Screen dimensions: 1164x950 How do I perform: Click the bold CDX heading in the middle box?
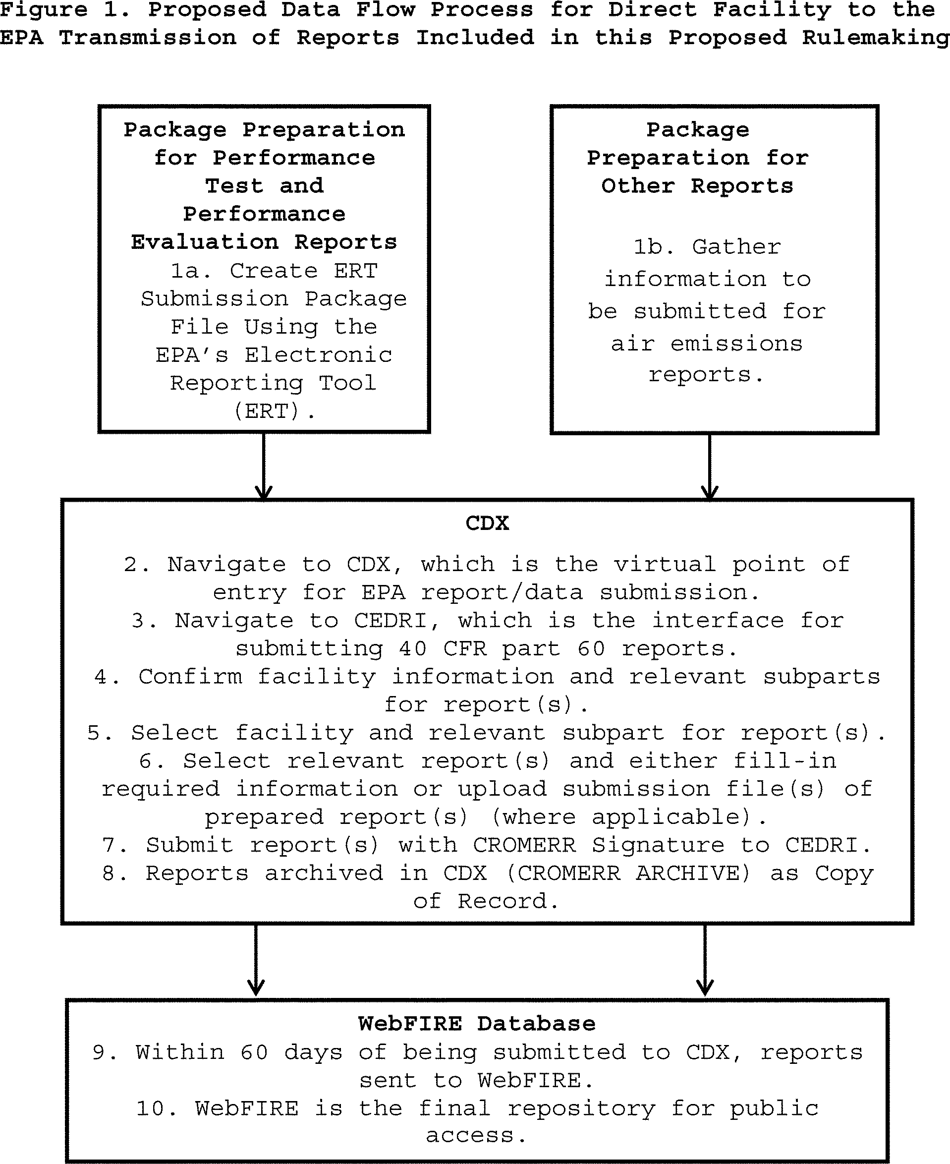pos(487,523)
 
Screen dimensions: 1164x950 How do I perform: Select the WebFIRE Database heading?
pos(477,1023)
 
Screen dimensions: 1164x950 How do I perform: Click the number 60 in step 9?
pos(254,1052)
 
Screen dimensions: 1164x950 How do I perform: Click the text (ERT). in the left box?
pos(274,410)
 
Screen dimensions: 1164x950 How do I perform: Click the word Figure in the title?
pos(43,10)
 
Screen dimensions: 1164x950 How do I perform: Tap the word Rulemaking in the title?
pos(875,38)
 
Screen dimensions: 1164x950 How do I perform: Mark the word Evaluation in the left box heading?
pos(204,241)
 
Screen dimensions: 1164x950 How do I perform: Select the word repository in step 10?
pos(581,1108)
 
